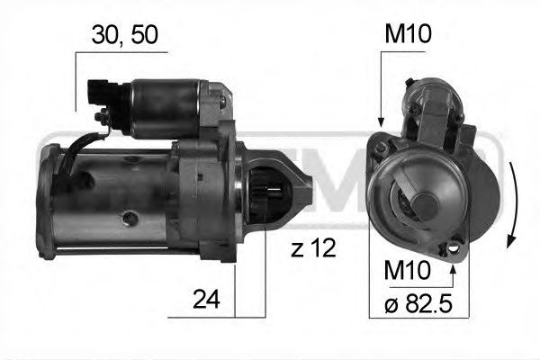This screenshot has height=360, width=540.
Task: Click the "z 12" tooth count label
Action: [x=312, y=248]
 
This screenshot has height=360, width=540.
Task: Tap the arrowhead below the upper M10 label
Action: [x=381, y=121]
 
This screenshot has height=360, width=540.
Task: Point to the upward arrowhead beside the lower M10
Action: [x=453, y=263]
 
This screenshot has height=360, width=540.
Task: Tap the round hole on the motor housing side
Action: [x=130, y=217]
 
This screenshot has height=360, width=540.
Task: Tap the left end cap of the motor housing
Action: [x=45, y=198]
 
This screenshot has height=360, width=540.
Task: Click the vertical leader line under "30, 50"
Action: [x=76, y=81]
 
